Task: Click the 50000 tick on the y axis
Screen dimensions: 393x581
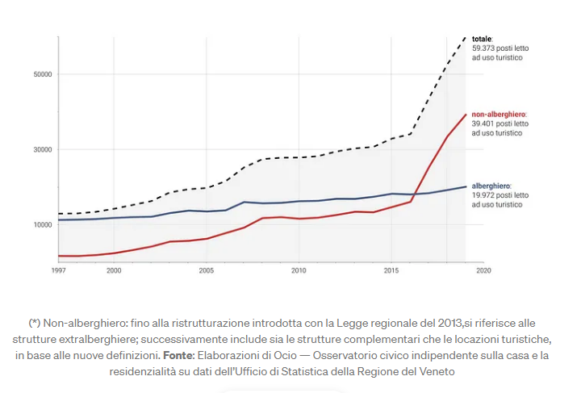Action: pyautogui.click(x=42, y=75)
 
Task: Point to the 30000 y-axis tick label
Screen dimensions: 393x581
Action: pyautogui.click(x=42, y=149)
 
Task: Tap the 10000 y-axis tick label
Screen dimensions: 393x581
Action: pyautogui.click(x=42, y=224)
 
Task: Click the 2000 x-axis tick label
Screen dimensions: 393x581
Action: pyautogui.click(x=114, y=270)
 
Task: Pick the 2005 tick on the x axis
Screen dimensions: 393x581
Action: pyautogui.click(x=206, y=270)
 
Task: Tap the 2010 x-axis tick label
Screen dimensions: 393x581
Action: pyautogui.click(x=299, y=270)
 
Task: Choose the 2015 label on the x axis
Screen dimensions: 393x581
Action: pyautogui.click(x=391, y=270)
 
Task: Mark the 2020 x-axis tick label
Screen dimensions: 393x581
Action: pyautogui.click(x=483, y=270)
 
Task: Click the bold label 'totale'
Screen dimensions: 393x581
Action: pyautogui.click(x=482, y=39)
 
